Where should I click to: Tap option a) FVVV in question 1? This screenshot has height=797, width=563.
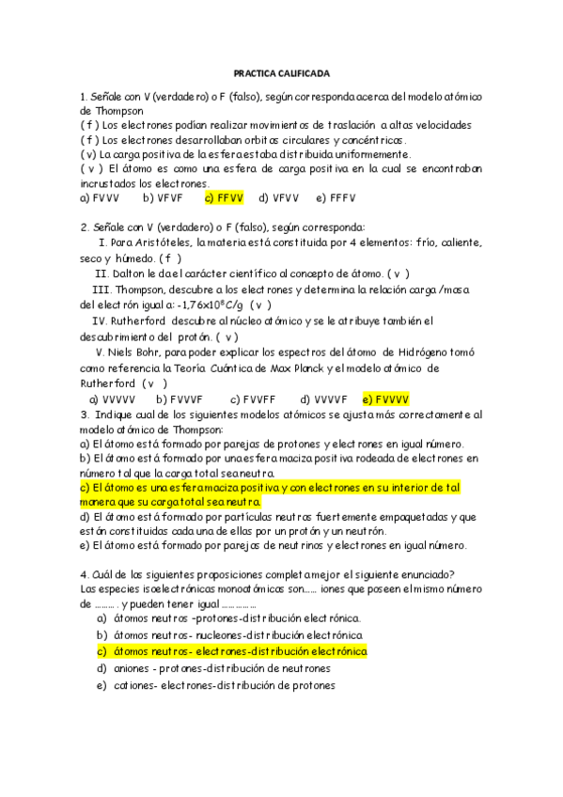[x=100, y=198]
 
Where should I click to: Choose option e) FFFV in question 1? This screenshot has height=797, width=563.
[x=336, y=198]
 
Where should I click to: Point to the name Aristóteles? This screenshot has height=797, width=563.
[x=156, y=242]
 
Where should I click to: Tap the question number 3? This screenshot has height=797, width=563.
[x=85, y=414]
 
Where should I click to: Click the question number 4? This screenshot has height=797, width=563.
[x=85, y=575]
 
